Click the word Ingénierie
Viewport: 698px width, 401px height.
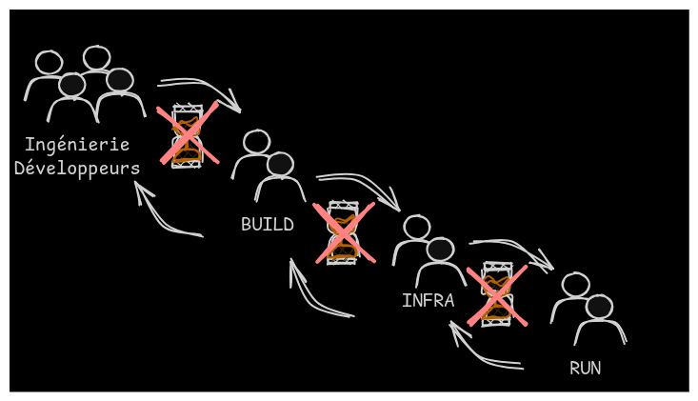[77, 145]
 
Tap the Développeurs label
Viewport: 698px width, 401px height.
[77, 169]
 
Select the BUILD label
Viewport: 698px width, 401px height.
[267, 225]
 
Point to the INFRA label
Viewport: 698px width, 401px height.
[428, 301]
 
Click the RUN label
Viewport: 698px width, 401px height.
[585, 368]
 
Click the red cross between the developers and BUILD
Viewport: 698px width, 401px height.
[188, 134]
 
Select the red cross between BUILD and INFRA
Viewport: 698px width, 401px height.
[344, 232]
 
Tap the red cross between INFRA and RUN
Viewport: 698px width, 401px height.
[496, 295]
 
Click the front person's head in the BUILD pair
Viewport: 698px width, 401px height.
[280, 164]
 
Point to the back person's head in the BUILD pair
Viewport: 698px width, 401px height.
[256, 142]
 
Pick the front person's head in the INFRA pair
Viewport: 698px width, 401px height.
[440, 250]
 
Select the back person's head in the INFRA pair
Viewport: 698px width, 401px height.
[416, 227]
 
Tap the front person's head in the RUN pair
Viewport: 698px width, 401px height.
[599, 307]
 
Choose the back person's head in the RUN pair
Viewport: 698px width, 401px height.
[575, 284]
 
